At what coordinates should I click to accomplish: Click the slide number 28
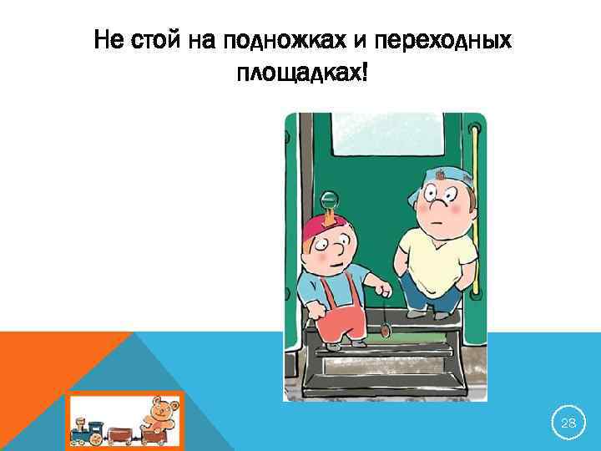point(568,424)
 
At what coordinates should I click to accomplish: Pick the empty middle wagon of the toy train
point(120,434)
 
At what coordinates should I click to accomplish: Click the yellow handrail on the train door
point(477,209)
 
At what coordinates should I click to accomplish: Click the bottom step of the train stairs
point(384,384)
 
